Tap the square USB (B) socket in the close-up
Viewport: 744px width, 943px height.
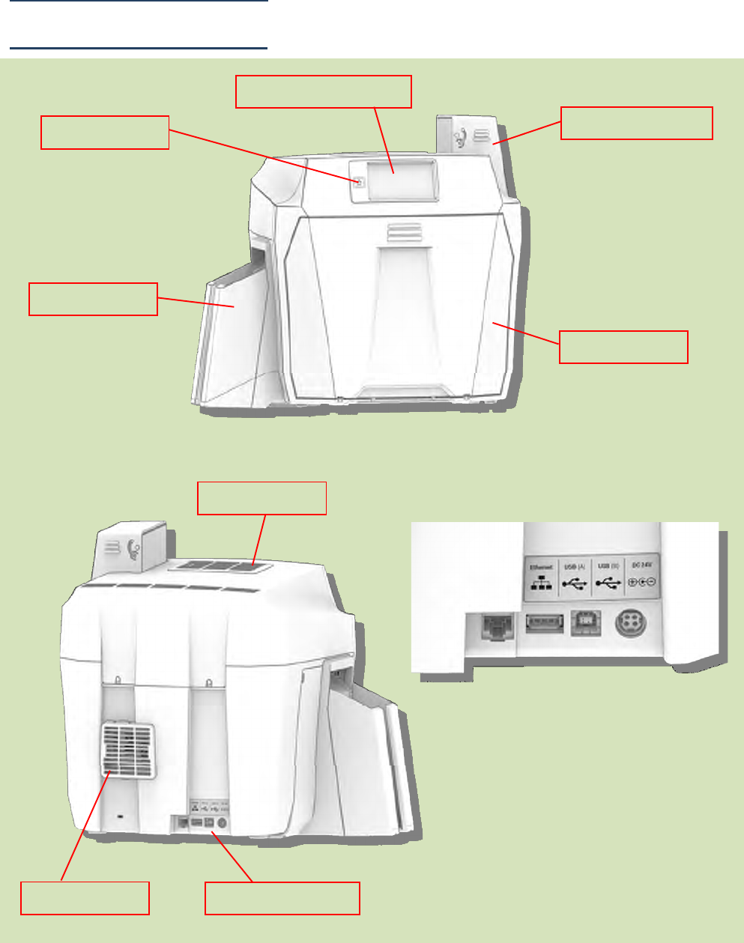(586, 623)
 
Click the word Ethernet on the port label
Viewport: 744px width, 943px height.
(541, 568)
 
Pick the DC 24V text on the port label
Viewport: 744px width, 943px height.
(642, 565)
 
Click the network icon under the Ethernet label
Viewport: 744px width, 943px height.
(541, 583)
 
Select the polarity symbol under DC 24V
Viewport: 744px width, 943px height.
(641, 583)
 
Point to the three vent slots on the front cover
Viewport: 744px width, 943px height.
(399, 232)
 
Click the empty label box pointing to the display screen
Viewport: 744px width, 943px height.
(324, 91)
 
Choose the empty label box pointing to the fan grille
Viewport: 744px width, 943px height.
(85, 898)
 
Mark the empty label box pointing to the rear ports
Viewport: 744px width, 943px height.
(282, 898)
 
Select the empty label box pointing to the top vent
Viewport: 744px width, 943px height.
(261, 498)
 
